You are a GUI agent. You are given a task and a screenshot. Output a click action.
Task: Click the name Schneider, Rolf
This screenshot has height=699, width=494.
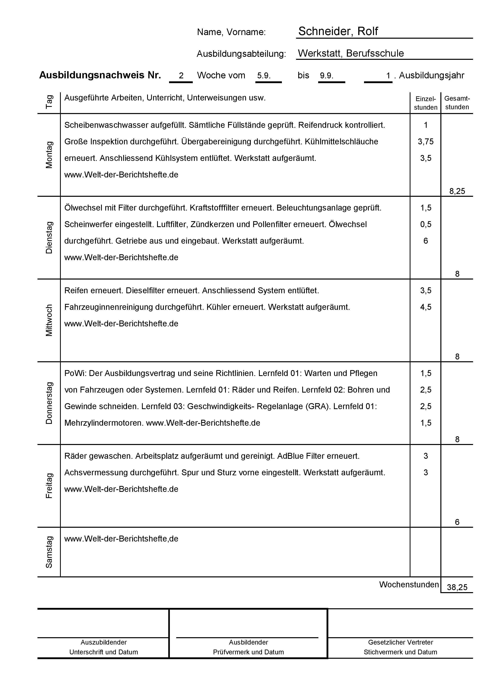pos(338,31)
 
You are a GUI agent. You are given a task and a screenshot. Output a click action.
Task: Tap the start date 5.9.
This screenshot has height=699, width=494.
pos(264,76)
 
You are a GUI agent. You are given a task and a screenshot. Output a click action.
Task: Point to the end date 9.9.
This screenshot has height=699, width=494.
pos(327,76)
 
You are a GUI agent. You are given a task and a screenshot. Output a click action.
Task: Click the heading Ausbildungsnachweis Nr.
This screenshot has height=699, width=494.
pos(100,75)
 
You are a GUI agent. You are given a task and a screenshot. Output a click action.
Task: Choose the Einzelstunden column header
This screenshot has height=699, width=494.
pos(425,103)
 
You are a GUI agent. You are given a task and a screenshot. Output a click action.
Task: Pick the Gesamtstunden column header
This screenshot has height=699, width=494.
pos(457,103)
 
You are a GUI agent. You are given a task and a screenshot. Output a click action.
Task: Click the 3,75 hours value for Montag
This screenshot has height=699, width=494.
pos(425,142)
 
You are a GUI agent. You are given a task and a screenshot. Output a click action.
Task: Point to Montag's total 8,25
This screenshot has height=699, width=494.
pos(457,191)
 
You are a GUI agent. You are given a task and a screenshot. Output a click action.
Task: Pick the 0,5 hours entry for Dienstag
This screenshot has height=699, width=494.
pos(425,224)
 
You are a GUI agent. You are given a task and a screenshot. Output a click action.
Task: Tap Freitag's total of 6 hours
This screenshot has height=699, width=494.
pos(457,522)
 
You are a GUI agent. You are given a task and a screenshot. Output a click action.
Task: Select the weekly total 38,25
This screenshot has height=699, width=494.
pos(457,587)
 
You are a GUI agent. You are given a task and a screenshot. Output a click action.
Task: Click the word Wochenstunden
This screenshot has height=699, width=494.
pos(409,585)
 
